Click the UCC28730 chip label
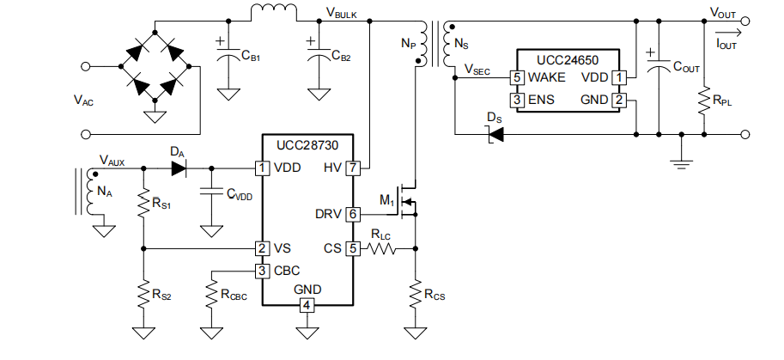point(307,145)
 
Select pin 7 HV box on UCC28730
point(353,168)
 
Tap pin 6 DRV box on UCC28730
point(353,215)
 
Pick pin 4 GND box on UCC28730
point(307,305)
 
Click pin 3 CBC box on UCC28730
point(262,271)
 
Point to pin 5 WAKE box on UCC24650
point(517,77)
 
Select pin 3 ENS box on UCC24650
point(517,100)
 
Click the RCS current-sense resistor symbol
point(415,295)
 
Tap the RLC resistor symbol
point(381,248)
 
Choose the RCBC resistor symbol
point(211,295)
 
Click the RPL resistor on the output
point(704,101)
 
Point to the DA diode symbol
point(179,168)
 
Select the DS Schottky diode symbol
point(495,134)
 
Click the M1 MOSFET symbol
point(408,200)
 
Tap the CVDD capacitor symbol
point(211,192)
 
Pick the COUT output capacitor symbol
point(659,65)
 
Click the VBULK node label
point(342,14)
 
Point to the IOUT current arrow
point(726,34)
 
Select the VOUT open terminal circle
point(745,21)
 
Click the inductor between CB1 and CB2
point(274,13)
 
